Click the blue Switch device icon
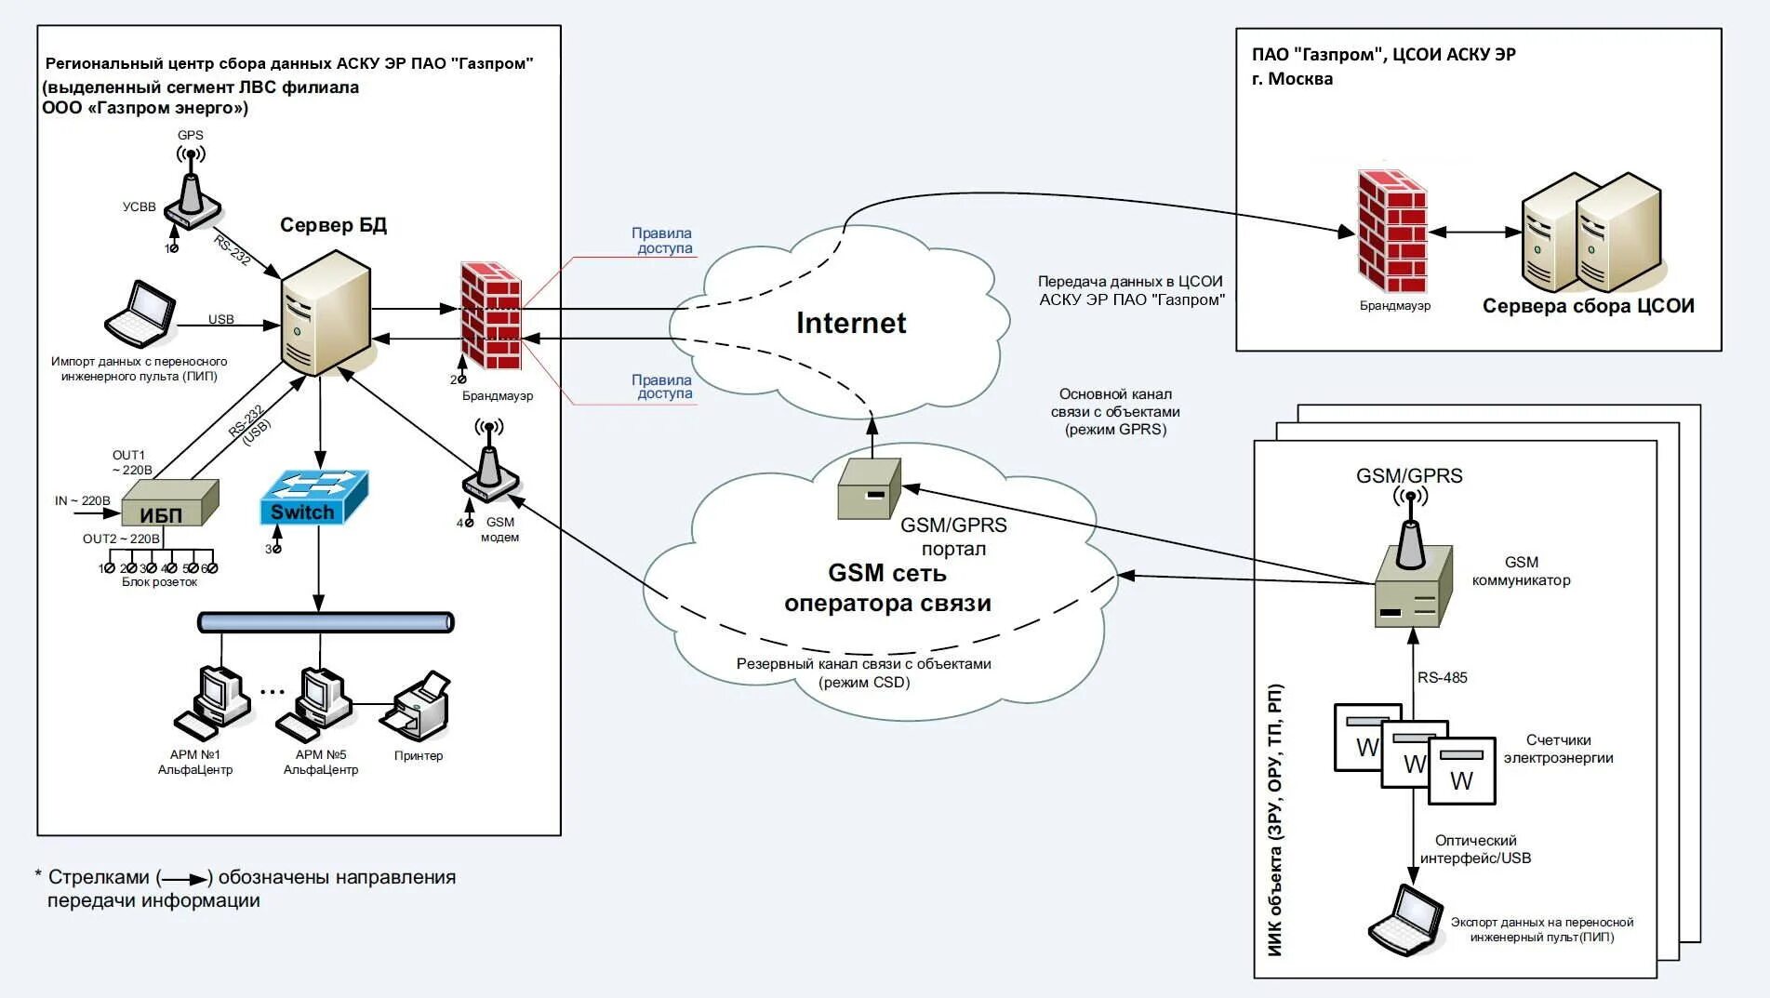click(x=313, y=497)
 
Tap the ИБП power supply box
click(x=170, y=503)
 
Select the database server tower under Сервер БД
click(x=326, y=313)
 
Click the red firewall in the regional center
click(x=490, y=316)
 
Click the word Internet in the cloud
click(x=851, y=323)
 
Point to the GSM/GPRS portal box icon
click(x=870, y=488)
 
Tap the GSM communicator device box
click(x=1413, y=586)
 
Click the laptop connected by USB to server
click(x=140, y=313)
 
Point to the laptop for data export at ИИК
click(x=1405, y=920)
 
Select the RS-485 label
click(x=1442, y=677)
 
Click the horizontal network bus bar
click(x=326, y=622)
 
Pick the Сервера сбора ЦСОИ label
click(x=1588, y=306)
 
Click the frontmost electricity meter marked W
click(x=1462, y=771)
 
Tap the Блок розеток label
click(x=160, y=582)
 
